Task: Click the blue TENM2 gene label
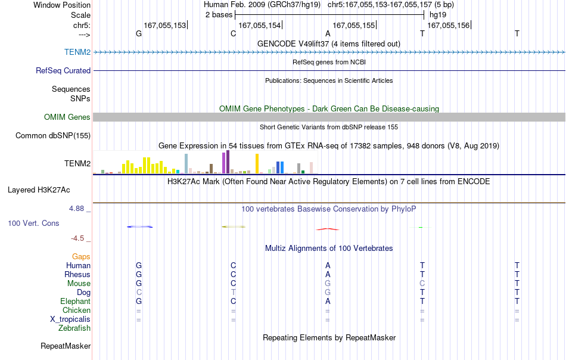point(77,52)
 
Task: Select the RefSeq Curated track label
point(63,70)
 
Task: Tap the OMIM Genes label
point(67,117)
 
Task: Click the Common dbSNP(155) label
point(53,135)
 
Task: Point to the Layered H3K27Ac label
point(39,190)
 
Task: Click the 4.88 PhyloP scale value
point(76,209)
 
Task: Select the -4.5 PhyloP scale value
point(77,238)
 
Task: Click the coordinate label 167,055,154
point(260,25)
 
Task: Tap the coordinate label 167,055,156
point(448,25)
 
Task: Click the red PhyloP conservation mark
point(328,229)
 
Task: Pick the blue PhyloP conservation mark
point(139,226)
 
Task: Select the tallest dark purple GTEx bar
point(228,162)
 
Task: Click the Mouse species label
point(79,284)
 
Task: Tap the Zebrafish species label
point(74,328)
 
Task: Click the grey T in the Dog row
point(233,292)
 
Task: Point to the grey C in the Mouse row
point(422,284)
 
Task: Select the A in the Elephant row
point(328,301)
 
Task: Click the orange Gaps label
point(81,256)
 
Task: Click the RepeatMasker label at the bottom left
point(66,346)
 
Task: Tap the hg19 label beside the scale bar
point(438,15)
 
